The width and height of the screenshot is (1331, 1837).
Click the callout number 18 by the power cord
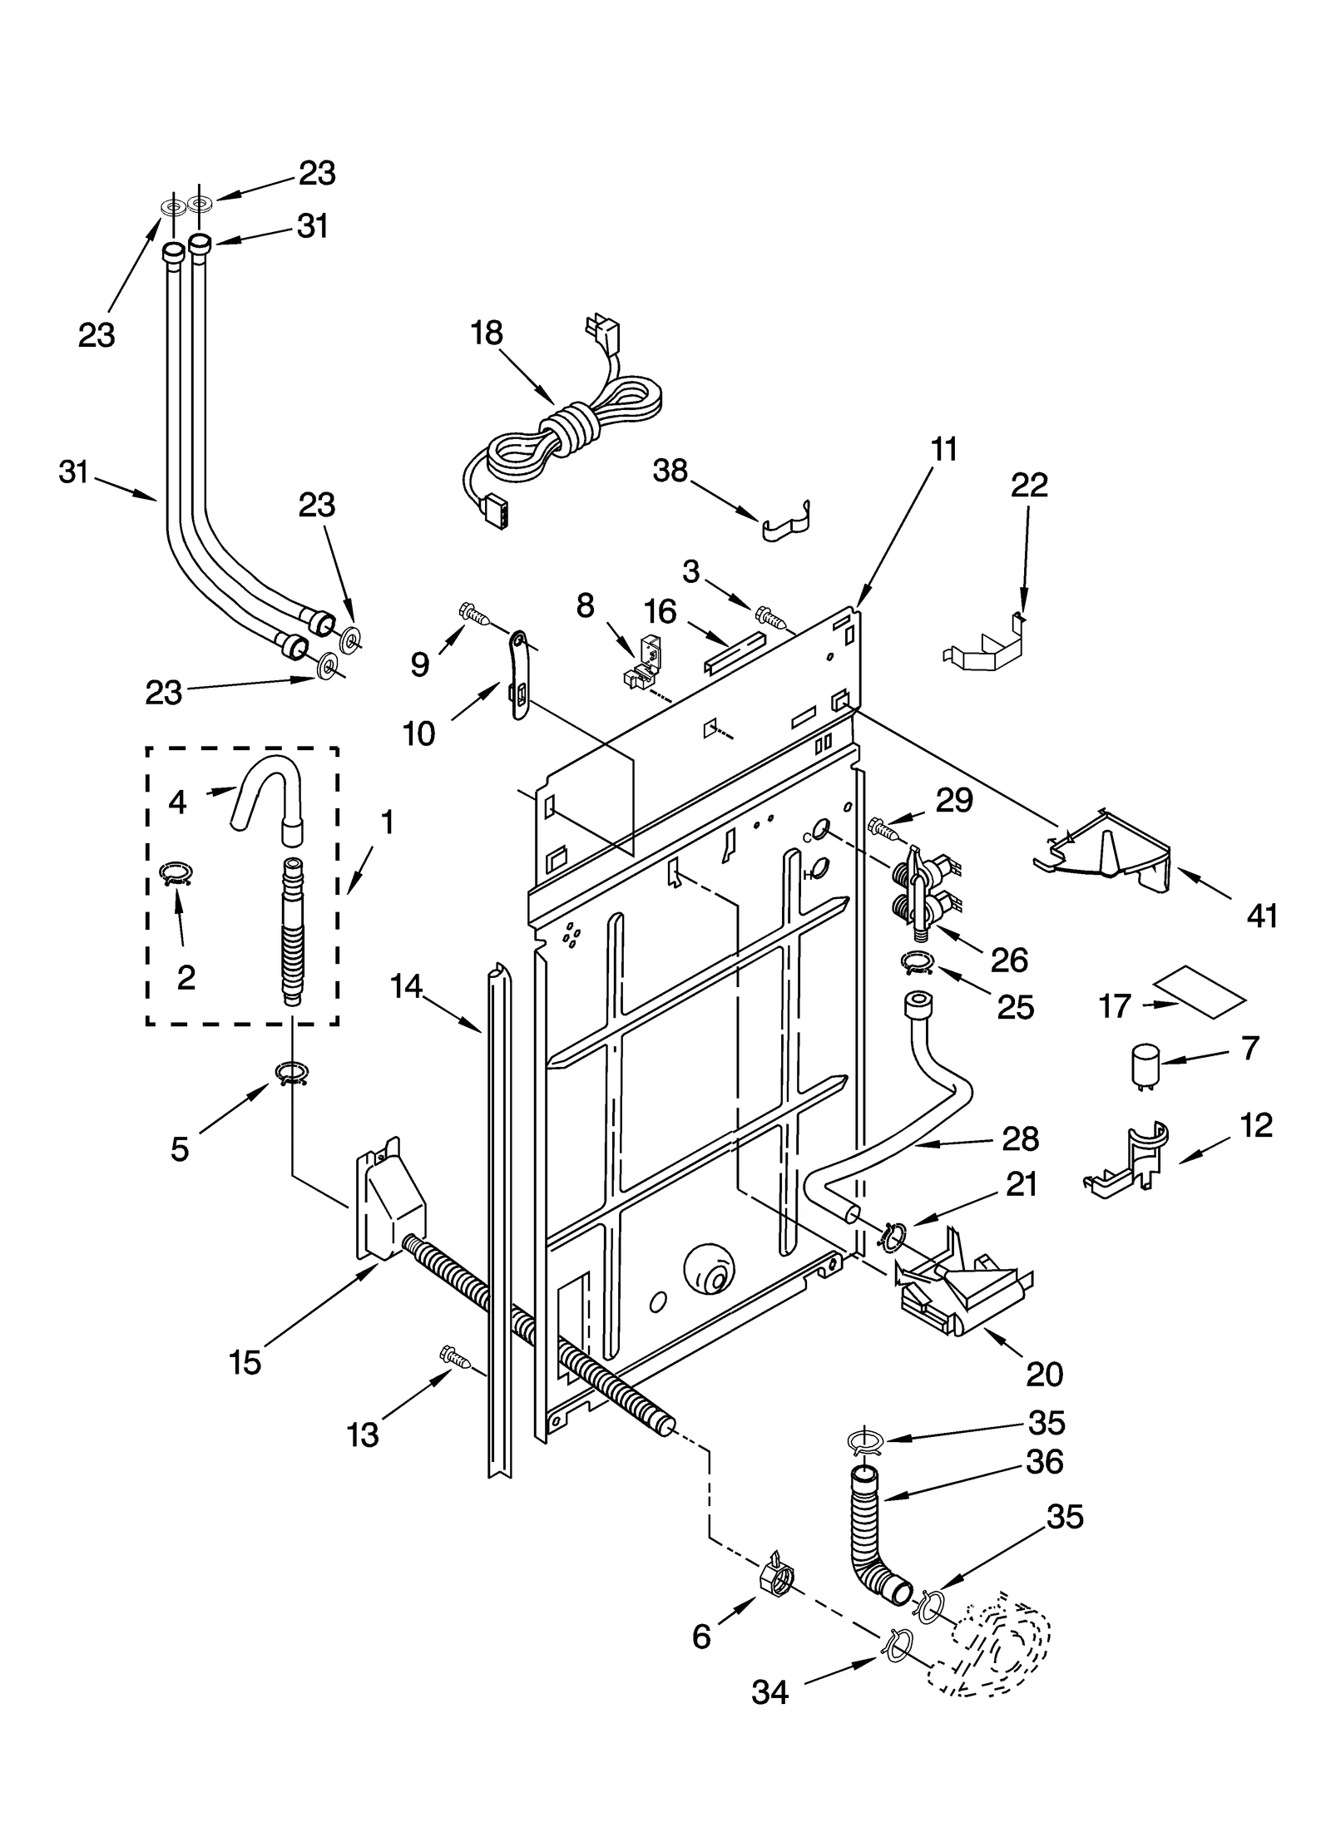click(487, 333)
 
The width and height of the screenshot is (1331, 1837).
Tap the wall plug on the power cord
click(601, 333)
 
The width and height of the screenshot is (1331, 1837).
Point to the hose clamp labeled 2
click(176, 872)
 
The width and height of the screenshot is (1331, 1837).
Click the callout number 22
click(1028, 485)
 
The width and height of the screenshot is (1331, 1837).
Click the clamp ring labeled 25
click(917, 963)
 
